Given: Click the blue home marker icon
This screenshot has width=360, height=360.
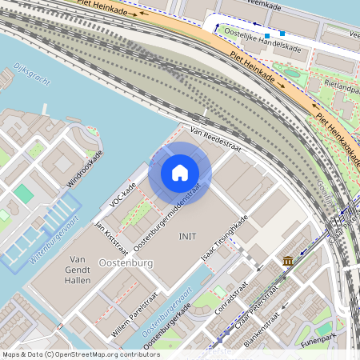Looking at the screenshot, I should click(180, 172).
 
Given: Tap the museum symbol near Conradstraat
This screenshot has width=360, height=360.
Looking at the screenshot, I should click(287, 262).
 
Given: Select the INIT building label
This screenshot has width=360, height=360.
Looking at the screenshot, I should click(187, 236).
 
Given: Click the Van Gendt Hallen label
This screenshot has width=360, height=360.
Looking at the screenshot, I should click(78, 270).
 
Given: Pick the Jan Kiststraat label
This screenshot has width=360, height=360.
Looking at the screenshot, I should click(111, 234).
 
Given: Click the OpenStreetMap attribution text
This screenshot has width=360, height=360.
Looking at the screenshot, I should click(80, 354).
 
